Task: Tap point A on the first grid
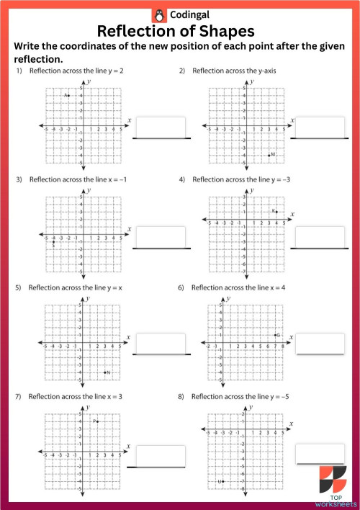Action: pyautogui.click(x=69, y=96)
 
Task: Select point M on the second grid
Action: pyautogui.click(x=269, y=155)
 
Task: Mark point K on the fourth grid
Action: pyautogui.click(x=276, y=212)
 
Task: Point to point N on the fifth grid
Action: pyautogui.click(x=104, y=372)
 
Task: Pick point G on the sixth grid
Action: pyautogui.click(x=274, y=336)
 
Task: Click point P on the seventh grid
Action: pyautogui.click(x=97, y=421)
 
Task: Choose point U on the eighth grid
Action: pyautogui.click(x=223, y=481)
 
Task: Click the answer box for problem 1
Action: pyautogui.click(x=161, y=127)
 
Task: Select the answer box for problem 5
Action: pyautogui.click(x=161, y=345)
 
